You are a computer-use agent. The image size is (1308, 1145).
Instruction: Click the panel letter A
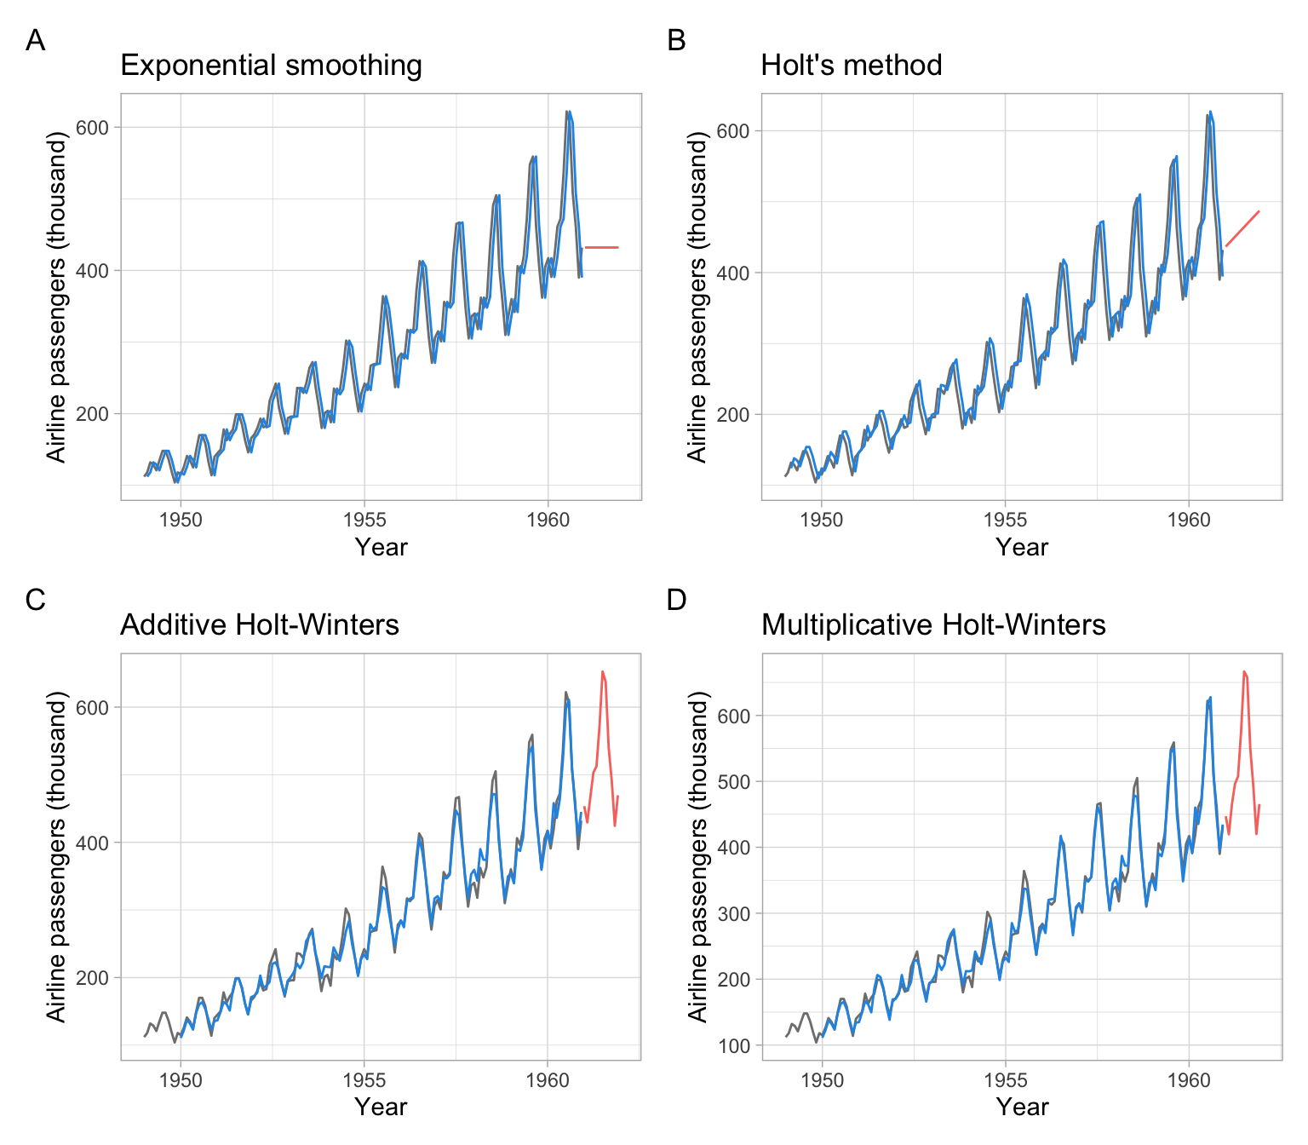(35, 40)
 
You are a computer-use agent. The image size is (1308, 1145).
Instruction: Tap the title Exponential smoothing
(271, 66)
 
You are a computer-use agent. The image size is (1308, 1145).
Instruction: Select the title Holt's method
(851, 66)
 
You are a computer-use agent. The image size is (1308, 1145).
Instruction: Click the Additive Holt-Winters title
(259, 625)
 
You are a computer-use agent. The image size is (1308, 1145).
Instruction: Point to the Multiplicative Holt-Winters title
(932, 625)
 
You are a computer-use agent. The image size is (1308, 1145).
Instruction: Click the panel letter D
(676, 600)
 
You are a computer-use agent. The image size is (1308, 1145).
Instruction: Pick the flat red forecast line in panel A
(601, 247)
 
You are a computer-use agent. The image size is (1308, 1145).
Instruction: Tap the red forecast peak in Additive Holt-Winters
(603, 672)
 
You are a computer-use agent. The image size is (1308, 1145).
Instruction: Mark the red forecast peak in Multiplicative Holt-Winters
(1244, 672)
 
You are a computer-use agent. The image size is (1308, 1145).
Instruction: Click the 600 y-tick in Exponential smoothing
(98, 128)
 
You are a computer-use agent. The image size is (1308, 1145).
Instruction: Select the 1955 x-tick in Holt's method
(1005, 520)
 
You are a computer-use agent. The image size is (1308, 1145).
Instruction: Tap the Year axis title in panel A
(381, 547)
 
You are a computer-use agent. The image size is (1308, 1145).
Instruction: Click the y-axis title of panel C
(56, 856)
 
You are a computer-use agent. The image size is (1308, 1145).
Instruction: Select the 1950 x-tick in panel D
(822, 1080)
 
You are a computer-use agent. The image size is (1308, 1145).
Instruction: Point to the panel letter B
(676, 40)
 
